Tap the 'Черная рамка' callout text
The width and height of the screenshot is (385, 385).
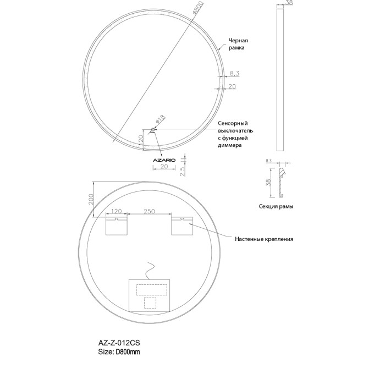point(238,44)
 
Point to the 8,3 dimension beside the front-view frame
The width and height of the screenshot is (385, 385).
point(234,73)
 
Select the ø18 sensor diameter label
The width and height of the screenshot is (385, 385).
point(161,119)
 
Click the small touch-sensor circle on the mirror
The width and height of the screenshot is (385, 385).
point(153,130)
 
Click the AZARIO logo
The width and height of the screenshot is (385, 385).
point(164,160)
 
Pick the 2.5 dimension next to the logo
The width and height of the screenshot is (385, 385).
point(182,172)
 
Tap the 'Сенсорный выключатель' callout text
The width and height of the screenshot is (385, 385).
point(235,127)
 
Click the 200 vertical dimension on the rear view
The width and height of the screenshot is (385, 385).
point(91,199)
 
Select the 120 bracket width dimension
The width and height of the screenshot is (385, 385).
point(117,211)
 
